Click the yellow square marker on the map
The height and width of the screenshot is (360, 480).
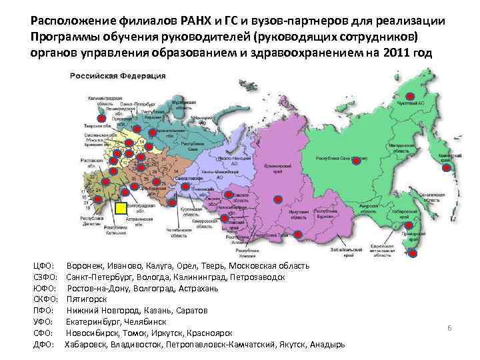(120, 209)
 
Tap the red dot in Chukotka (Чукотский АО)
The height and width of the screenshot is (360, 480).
(409, 97)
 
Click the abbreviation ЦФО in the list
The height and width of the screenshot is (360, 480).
(43, 266)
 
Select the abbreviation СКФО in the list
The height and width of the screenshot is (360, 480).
(45, 299)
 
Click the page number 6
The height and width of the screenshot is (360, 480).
(449, 329)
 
